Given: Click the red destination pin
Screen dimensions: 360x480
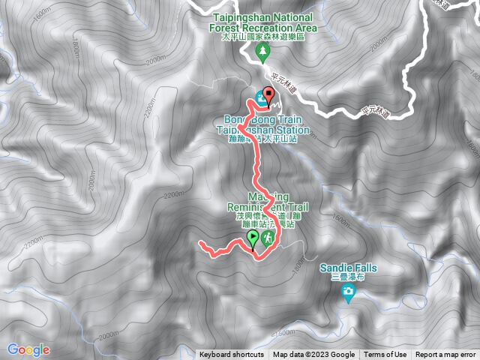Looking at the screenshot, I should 269,96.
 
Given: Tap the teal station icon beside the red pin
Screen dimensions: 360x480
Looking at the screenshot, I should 260,97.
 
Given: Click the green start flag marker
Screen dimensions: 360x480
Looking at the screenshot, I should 253,239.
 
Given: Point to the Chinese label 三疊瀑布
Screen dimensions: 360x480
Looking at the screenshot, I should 347,277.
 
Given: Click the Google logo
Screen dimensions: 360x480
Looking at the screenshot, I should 28,349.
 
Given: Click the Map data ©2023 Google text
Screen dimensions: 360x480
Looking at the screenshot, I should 313,355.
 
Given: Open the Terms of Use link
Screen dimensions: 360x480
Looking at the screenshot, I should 385,355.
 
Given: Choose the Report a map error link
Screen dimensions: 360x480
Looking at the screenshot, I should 446,355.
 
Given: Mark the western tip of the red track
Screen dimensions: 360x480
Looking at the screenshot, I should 199,244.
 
